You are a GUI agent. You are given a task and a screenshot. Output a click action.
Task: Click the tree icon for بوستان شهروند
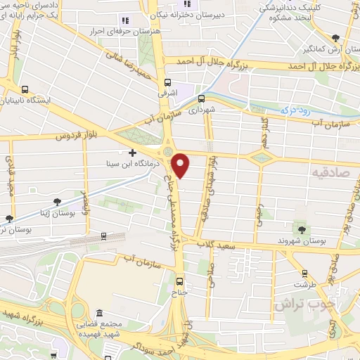303,229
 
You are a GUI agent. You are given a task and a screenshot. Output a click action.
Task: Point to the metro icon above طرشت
304,274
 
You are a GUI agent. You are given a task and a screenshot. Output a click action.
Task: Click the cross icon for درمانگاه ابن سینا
131,152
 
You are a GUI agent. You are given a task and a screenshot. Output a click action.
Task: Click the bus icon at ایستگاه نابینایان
26,89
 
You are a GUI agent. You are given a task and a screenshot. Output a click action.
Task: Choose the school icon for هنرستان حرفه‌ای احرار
125,22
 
